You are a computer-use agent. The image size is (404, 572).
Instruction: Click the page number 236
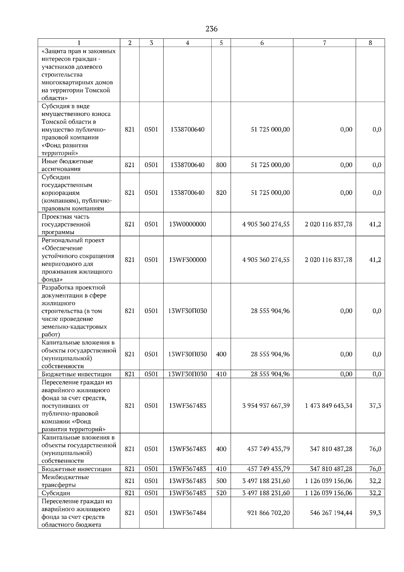pyautogui.click(x=211, y=29)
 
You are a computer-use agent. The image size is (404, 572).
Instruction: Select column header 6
pyautogui.click(x=262, y=43)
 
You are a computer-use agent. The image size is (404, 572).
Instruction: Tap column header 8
pyautogui.click(x=370, y=43)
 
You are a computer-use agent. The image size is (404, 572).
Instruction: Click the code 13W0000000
pyautogui.click(x=188, y=224)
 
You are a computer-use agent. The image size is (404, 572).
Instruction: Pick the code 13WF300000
pyautogui.click(x=188, y=260)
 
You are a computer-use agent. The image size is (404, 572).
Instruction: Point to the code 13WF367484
pyautogui.click(x=188, y=513)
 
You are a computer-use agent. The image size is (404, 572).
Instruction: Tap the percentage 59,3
pyautogui.click(x=375, y=513)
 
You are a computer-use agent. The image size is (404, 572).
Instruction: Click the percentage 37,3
pyautogui.click(x=375, y=406)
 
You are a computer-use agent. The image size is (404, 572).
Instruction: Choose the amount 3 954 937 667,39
pyautogui.click(x=266, y=406)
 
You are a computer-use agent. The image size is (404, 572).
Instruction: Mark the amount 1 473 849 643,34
pyautogui.click(x=329, y=406)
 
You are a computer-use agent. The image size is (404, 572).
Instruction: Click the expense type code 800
pyautogui.click(x=221, y=165)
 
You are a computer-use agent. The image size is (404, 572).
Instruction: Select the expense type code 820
pyautogui.click(x=221, y=193)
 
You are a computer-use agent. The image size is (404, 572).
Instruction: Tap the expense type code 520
pyautogui.click(x=221, y=493)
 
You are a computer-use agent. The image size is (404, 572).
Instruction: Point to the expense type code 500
pyautogui.click(x=221, y=481)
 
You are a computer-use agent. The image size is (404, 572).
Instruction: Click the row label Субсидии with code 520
pyautogui.click(x=56, y=493)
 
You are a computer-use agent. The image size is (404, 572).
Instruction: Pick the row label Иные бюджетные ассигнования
pyautogui.click(x=67, y=165)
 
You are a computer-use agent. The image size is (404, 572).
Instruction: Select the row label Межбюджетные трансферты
pyautogui.click(x=65, y=481)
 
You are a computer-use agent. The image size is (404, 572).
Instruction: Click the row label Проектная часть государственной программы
pyautogui.click(x=66, y=224)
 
